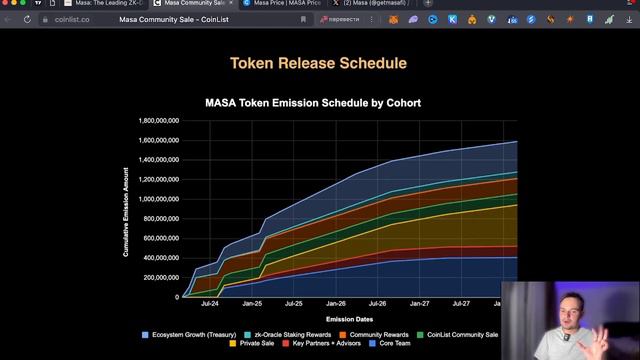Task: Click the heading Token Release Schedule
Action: coord(318,63)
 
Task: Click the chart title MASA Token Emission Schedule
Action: coord(312,102)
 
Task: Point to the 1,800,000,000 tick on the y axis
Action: coord(161,121)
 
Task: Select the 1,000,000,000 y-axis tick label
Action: coord(161,199)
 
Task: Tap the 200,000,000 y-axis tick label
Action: coord(163,277)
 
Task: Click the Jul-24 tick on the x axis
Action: coord(210,303)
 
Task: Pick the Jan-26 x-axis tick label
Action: coord(335,303)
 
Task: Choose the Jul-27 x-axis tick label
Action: coord(461,303)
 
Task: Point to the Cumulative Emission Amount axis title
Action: coord(126,211)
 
